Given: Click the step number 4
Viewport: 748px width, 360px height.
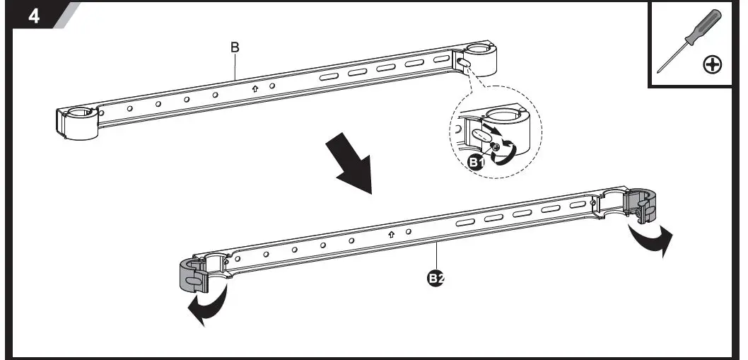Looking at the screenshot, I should coord(33,16).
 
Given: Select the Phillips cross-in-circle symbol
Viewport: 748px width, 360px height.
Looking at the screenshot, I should coord(713,65).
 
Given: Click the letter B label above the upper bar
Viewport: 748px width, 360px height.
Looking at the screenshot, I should coord(235,48).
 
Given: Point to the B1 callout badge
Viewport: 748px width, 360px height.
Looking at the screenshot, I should coord(477,162).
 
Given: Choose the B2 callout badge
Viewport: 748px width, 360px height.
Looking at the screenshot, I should coord(436,278).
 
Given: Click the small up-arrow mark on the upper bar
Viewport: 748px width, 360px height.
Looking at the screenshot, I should coord(255,89).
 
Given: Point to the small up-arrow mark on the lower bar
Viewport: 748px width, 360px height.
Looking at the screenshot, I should coord(391,234).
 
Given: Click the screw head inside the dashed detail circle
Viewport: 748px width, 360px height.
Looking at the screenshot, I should coord(498,147).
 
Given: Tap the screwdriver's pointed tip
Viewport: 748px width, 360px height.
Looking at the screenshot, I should coord(659,71).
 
